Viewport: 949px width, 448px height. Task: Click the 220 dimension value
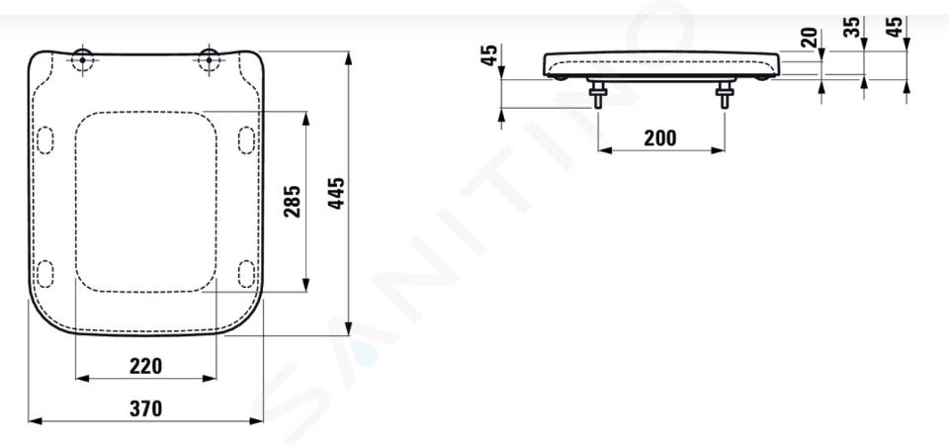[146, 366]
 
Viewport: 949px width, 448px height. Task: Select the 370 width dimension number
[146, 408]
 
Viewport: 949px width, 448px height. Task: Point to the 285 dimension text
[292, 202]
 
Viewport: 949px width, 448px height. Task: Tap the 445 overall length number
[336, 193]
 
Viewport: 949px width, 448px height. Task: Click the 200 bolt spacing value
[659, 138]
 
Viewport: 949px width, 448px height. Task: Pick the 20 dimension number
[810, 38]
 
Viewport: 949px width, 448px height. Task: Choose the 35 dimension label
[852, 27]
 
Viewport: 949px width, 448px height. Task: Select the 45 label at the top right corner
[895, 27]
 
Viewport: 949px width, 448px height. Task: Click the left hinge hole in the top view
[82, 60]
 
